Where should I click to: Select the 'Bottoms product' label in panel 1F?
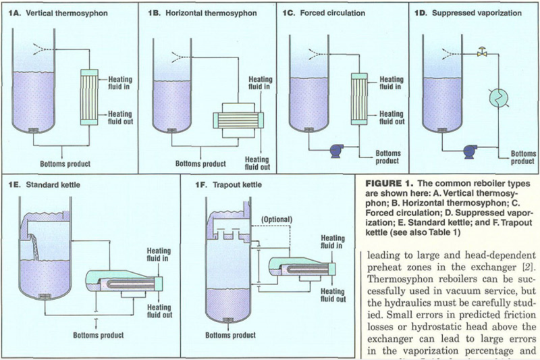click(x=229, y=334)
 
